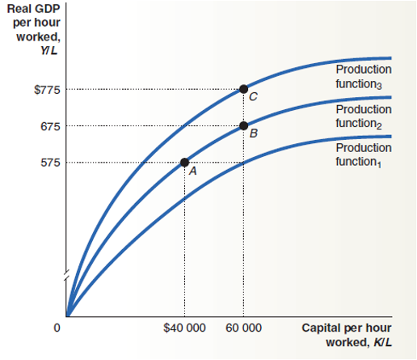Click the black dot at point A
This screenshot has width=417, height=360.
coord(184,163)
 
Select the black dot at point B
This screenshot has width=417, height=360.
coord(243,125)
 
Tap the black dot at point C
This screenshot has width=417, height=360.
coord(243,88)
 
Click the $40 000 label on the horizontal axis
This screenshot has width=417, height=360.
coord(184,328)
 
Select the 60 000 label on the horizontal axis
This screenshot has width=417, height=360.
coord(244,328)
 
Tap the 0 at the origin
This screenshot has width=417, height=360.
coord(57,328)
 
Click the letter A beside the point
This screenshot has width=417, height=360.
coord(193,172)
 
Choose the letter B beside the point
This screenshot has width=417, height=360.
coord(254,134)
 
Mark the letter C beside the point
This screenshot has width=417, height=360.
coord(254,97)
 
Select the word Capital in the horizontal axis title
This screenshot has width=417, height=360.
coord(321,328)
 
